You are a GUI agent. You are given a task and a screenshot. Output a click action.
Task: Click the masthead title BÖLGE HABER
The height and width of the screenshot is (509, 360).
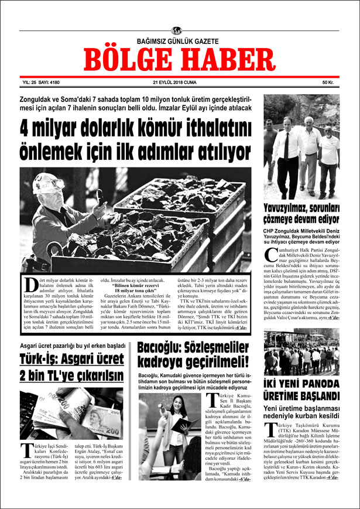[x=179, y=59]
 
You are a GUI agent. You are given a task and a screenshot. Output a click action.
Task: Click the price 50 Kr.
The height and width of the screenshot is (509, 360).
[x=327, y=83]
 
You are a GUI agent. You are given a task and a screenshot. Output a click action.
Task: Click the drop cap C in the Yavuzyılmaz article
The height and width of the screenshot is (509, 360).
[x=271, y=256]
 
